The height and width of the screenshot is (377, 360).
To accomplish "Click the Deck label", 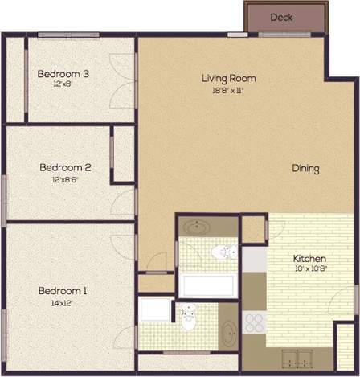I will click(281, 17).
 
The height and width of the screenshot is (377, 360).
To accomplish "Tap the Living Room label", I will click(228, 78).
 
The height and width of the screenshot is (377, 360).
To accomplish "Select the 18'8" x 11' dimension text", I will click(228, 90).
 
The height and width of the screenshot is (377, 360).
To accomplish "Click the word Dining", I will click(305, 169).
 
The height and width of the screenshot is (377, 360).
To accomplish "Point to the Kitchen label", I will click(310, 258).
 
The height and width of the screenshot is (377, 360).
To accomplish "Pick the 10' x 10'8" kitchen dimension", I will click(310, 268).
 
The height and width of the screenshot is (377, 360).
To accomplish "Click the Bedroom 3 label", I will click(63, 74).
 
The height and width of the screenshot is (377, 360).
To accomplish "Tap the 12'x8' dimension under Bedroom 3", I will click(63, 84).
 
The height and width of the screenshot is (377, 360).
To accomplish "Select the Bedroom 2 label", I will click(65, 168).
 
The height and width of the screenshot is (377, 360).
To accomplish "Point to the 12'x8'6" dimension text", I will click(65, 179).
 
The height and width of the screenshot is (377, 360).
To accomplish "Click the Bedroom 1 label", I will click(62, 290).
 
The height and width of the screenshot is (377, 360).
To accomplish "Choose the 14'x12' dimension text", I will click(62, 303).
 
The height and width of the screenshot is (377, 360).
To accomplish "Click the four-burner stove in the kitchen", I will click(255, 322).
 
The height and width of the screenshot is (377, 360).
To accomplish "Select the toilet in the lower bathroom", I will click(190, 318).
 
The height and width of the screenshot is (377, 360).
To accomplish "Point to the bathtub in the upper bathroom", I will click(206, 285).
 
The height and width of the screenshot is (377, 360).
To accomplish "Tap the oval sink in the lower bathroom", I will click(229, 330).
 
